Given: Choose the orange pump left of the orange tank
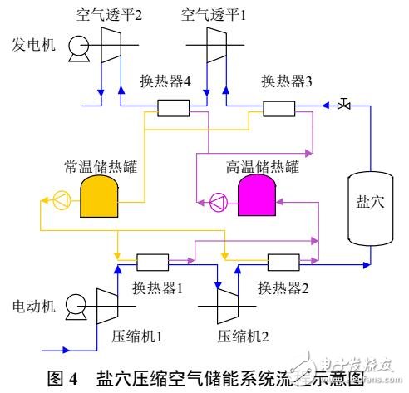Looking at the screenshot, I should (62, 199).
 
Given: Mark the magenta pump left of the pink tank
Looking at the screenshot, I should (219, 200).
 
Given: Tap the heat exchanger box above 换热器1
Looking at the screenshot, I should (154, 264).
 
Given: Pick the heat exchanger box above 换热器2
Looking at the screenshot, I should (283, 264).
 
